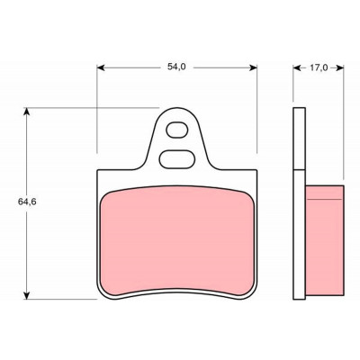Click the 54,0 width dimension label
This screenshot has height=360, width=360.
point(176,67)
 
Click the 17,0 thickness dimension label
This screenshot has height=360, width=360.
point(319,68)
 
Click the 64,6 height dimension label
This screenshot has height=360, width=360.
point(27,202)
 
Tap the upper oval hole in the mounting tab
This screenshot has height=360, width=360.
point(177,130)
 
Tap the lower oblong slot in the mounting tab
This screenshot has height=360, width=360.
point(177,159)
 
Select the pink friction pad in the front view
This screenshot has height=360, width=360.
point(177,240)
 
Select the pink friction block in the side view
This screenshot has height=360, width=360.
point(325,240)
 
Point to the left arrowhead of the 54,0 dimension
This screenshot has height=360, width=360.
point(101,67)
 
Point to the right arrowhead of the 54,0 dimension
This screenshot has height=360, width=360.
point(254,67)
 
